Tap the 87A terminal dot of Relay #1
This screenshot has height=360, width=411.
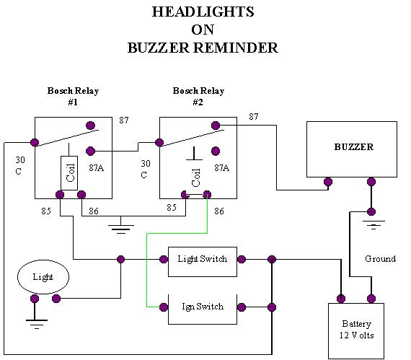pyautogui.click(x=90, y=151)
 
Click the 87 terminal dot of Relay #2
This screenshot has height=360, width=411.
pyautogui.click(x=216, y=126)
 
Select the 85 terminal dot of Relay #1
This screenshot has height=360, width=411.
pyautogui.click(x=60, y=195)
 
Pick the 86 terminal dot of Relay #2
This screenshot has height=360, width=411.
pyautogui.click(x=207, y=195)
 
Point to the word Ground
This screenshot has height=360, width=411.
pyautogui.click(x=380, y=259)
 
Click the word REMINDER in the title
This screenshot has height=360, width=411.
pyautogui.click(x=236, y=48)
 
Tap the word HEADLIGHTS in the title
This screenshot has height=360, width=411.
pyautogui.click(x=203, y=12)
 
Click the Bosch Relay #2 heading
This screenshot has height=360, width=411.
pyautogui.click(x=198, y=96)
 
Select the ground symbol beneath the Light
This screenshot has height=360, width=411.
pyautogui.click(x=37, y=324)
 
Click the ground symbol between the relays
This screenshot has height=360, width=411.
pyautogui.click(x=121, y=229)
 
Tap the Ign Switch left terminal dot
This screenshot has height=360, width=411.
pyautogui.click(x=164, y=307)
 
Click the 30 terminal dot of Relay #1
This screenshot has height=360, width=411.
pyautogui.click(x=35, y=142)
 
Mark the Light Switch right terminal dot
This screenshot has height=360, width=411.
pyautogui.click(x=241, y=259)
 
